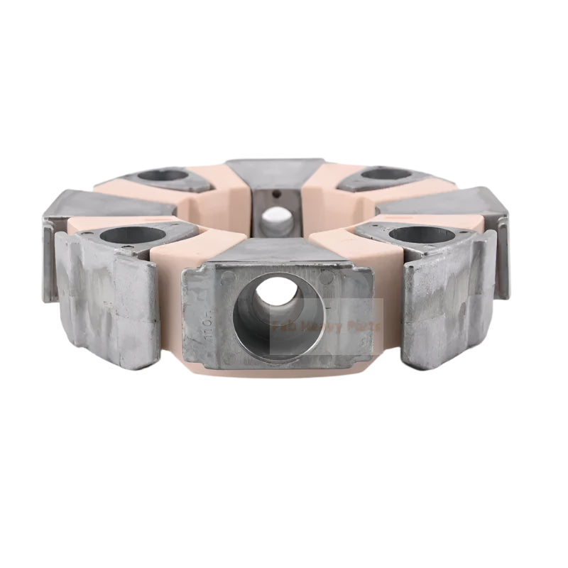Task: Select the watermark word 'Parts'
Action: tap(364, 327)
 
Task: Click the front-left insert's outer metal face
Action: tap(106, 298)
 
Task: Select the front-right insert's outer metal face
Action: tap(447, 298)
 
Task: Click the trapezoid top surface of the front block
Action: tap(277, 248)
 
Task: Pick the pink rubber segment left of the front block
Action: tap(170, 284)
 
